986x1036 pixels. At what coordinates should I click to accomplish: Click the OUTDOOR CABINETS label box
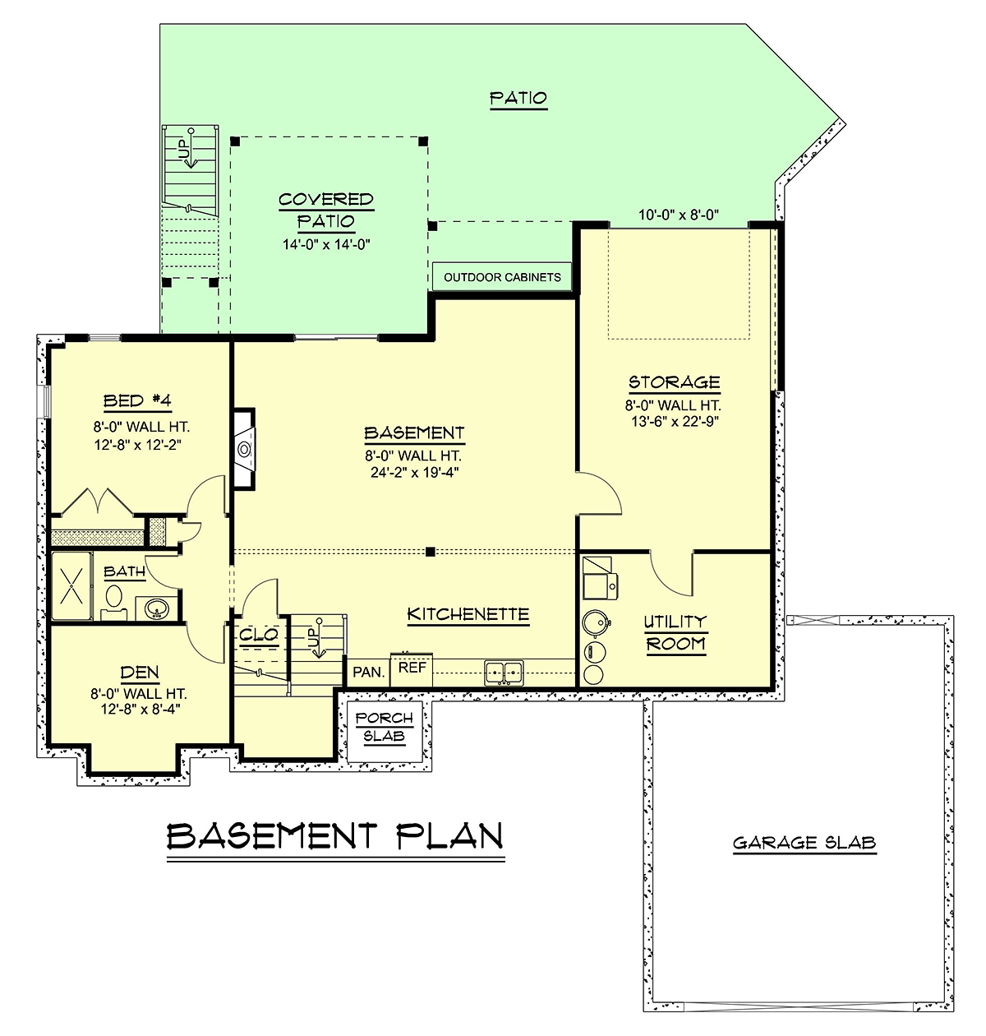501,276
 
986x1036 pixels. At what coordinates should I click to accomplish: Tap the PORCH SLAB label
384,727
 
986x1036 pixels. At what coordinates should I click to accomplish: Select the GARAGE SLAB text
804,843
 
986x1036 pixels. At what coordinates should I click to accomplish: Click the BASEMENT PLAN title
335,836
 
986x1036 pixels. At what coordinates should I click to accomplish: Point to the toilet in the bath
113,602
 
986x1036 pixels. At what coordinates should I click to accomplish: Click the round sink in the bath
156,608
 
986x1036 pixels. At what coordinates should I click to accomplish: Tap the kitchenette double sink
504,673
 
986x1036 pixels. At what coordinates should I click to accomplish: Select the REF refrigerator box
412,669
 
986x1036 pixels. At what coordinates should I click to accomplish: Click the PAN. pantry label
369,672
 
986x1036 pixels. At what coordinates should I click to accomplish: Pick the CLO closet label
259,635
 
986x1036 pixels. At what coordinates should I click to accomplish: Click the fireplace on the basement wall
244,449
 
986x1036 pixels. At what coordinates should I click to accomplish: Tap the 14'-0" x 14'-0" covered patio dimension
326,244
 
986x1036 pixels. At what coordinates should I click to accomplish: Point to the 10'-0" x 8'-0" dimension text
679,215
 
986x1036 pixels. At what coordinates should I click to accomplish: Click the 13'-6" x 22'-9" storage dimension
675,421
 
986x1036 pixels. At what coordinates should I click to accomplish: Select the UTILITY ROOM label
675,633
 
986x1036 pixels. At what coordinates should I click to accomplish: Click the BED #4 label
137,401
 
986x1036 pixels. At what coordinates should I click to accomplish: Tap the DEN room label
140,673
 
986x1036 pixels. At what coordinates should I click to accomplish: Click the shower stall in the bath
71,586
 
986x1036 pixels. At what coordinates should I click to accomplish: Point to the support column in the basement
431,552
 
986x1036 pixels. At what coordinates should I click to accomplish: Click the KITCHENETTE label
468,614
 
